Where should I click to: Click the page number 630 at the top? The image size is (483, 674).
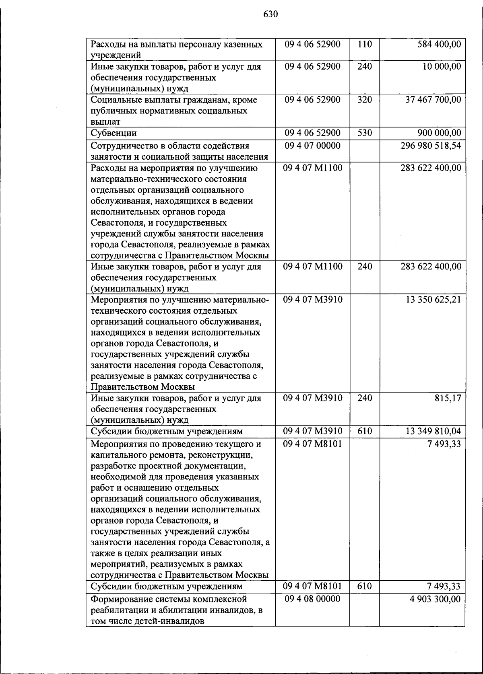pos(270,14)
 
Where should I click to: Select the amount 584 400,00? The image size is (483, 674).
pos(439,44)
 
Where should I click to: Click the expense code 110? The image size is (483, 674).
pos(364,44)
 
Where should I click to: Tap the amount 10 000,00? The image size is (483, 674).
pos(442,66)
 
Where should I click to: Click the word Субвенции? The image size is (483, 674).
pos(114,133)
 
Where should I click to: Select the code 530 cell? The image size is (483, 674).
pos(364,133)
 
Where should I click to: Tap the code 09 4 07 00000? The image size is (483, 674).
pos(312,146)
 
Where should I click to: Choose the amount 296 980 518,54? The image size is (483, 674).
pos(431,146)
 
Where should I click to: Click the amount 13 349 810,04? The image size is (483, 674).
pos(433,431)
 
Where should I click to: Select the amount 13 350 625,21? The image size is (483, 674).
pos(433,300)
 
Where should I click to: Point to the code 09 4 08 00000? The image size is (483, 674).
pos(312,599)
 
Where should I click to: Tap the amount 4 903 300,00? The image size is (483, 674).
pos(435,599)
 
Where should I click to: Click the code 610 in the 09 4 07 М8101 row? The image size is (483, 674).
pos(364,586)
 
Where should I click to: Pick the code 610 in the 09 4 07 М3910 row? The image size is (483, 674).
pos(364,431)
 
